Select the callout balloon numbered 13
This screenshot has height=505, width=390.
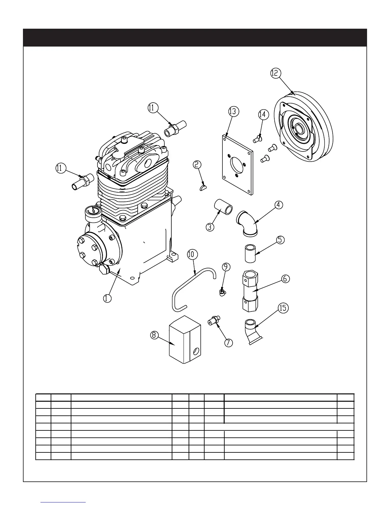coord(234,111)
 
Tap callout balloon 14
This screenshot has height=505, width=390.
coord(263,114)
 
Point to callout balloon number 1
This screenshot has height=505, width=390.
coord(107,298)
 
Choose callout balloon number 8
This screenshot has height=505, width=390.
coord(154,335)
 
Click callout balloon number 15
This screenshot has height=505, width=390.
coord(283,308)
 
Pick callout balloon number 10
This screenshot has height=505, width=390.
coord(192,254)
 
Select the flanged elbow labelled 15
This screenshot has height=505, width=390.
coord(253,333)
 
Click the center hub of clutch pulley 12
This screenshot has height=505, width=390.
coord(300,129)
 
